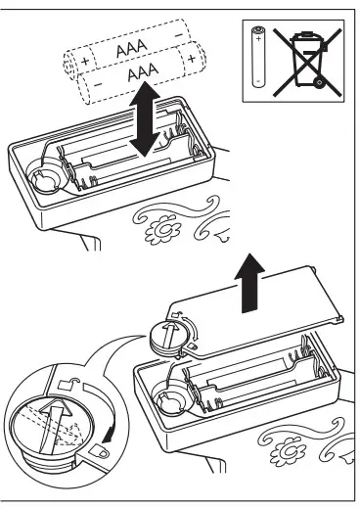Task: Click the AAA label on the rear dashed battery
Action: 127,49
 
